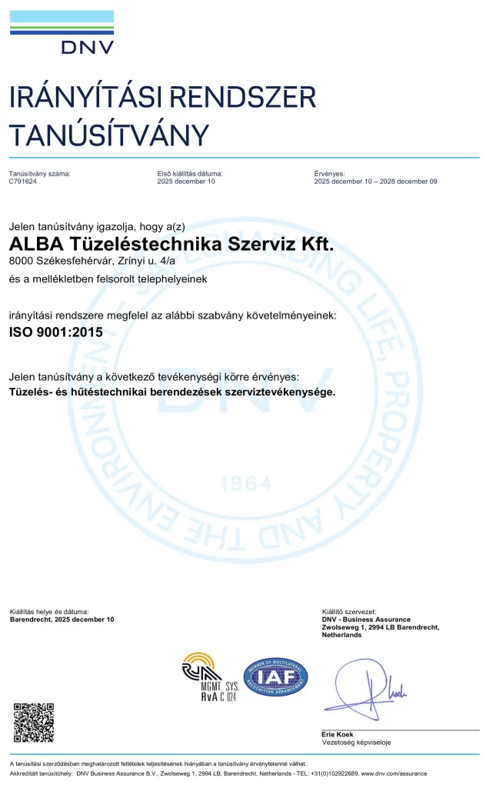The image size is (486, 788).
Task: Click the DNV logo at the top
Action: tap(62, 32)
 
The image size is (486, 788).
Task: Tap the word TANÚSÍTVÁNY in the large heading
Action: tap(108, 135)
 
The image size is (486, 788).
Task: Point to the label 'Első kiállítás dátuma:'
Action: tap(190, 174)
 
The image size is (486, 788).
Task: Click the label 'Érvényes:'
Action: tap(329, 174)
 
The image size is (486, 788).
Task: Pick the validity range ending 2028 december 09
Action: tap(375, 182)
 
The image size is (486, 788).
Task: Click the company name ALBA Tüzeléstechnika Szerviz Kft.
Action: tap(172, 245)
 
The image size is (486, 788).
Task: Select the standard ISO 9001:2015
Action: tap(55, 332)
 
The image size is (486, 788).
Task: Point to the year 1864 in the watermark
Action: tap(245, 483)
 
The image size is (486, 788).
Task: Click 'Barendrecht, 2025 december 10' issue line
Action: tap(62, 619)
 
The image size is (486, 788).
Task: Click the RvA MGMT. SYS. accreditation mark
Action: tap(208, 676)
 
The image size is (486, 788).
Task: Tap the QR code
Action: tap(34, 721)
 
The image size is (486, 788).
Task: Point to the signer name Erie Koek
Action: tap(338, 734)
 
